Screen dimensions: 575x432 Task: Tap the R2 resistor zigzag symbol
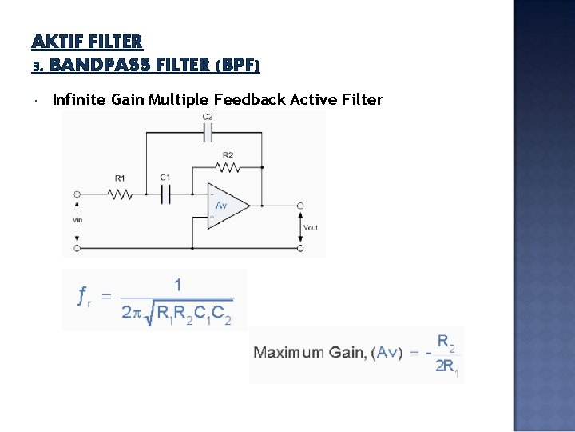228,168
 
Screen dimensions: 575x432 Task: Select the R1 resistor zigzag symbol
121,194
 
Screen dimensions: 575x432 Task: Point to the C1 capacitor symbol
166,194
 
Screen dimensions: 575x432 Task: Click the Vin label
77,219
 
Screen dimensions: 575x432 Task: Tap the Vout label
311,227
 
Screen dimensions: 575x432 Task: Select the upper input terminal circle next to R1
77,194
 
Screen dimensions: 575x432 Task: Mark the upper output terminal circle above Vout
300,206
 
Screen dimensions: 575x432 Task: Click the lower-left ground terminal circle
77,248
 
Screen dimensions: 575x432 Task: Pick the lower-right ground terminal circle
300,248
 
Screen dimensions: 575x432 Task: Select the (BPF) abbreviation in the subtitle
238,64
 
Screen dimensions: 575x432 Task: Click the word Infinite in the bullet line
78,99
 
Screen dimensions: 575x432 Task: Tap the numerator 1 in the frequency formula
177,284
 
